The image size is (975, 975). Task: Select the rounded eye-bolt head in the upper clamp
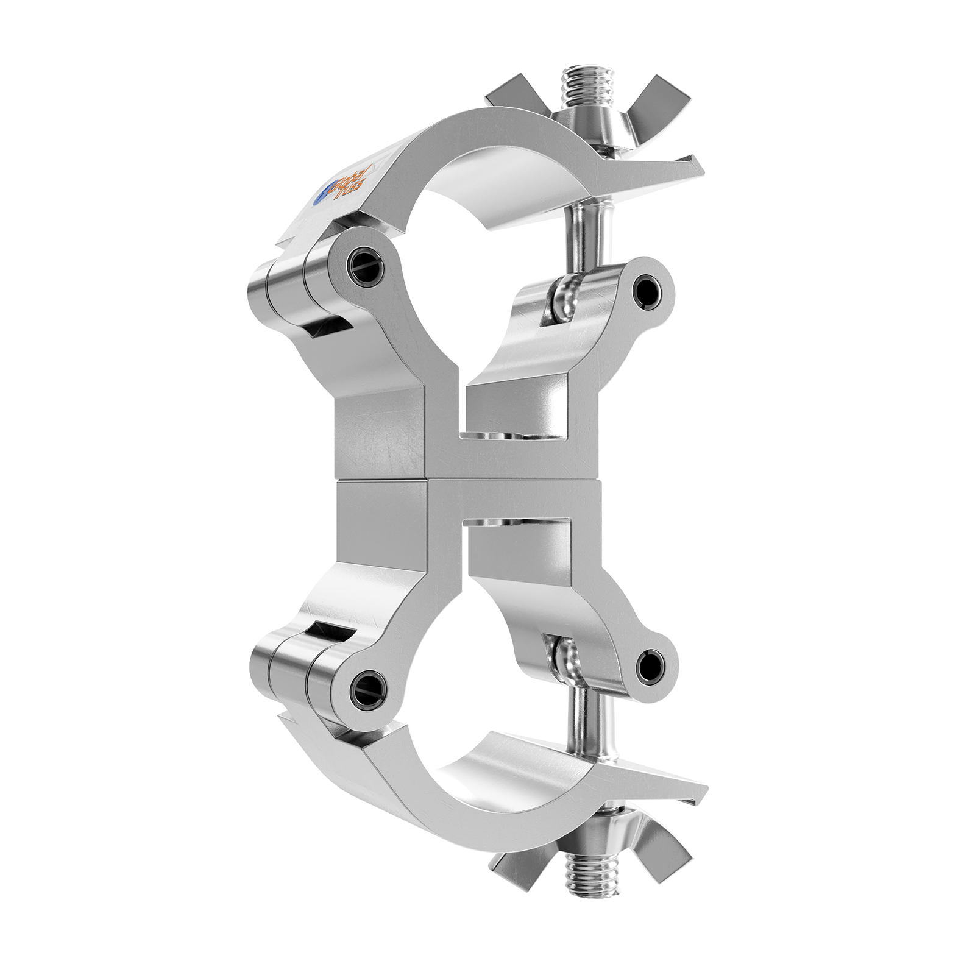tap(564, 296)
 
